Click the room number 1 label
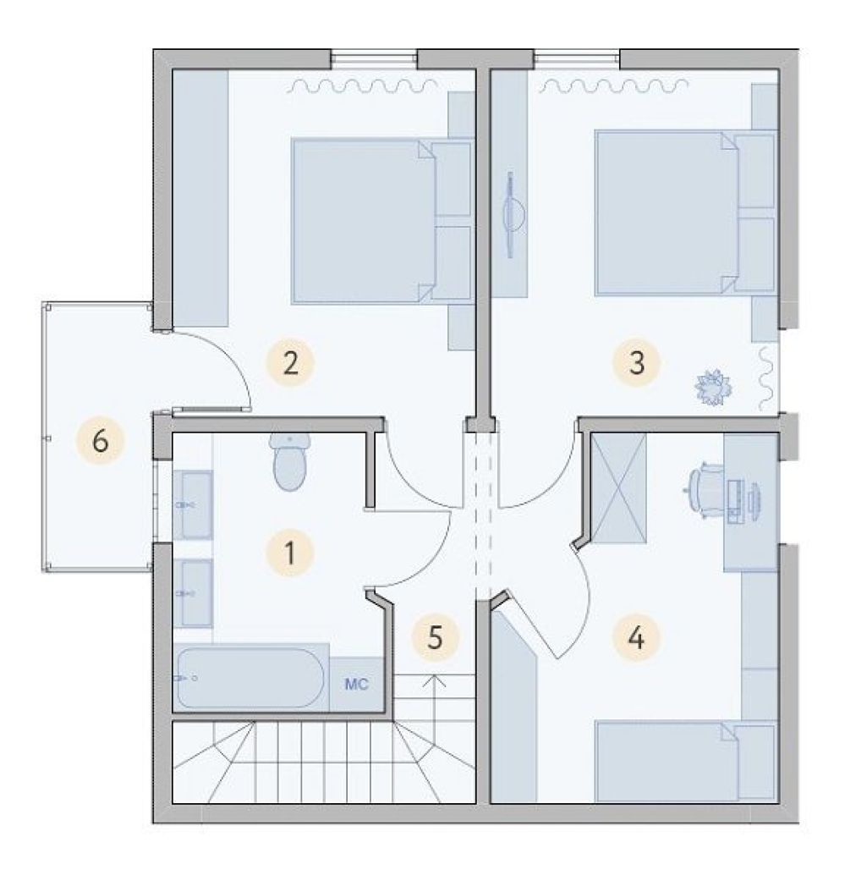[290, 553]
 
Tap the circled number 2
[290, 362]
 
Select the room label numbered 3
[636, 362]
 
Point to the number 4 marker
[635, 638]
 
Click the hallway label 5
[435, 638]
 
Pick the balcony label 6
[100, 441]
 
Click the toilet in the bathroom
[290, 462]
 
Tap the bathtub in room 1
[250, 678]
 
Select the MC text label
[357, 684]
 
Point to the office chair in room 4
[705, 488]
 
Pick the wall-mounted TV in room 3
[510, 215]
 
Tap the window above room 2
[374, 59]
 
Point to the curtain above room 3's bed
[615, 85]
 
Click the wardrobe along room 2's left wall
[200, 198]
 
